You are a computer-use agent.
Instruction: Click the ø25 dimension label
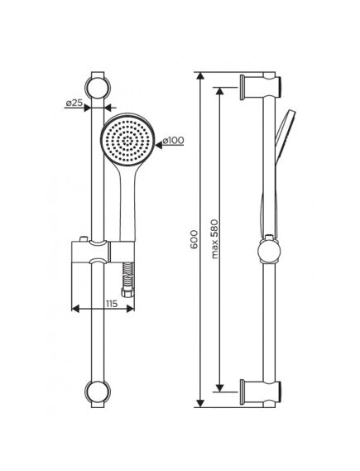[x=74, y=103]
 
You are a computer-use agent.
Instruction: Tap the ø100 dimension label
[x=173, y=140]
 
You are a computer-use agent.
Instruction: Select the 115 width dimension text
[x=112, y=304]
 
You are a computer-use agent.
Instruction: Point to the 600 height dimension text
[x=194, y=239]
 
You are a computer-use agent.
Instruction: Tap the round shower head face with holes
[x=127, y=140]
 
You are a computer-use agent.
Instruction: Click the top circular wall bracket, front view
[x=98, y=88]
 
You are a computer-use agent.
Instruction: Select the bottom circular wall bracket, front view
[x=98, y=392]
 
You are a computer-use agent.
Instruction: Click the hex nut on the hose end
[x=127, y=292]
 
